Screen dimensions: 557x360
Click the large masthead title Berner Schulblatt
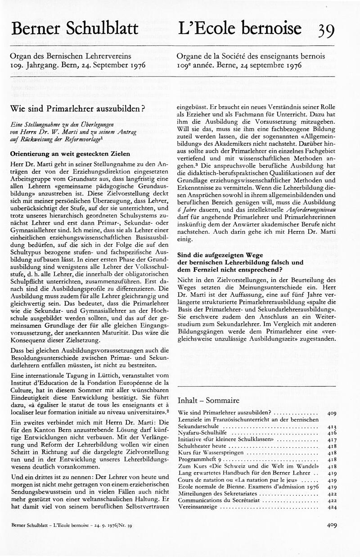coord(75,29)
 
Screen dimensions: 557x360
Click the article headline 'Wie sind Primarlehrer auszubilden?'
coord(77,109)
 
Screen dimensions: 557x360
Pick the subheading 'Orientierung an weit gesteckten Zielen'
coord(70,154)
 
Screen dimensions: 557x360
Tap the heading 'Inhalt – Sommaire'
coord(209,400)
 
